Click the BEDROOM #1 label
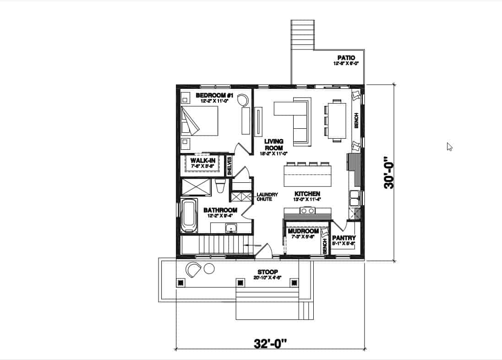click(x=215, y=95)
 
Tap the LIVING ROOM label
click(x=273, y=144)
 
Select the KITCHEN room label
click(x=307, y=194)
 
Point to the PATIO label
click(x=346, y=58)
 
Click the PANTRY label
click(x=344, y=238)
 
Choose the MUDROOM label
click(x=303, y=232)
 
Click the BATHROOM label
click(x=220, y=210)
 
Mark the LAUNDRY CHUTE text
click(x=267, y=197)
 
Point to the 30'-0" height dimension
click(x=389, y=172)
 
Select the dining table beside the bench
click(x=336, y=120)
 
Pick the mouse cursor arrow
click(x=449, y=147)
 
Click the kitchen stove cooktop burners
click(x=307, y=211)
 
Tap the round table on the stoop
click(x=209, y=269)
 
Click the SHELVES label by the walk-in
click(x=230, y=166)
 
